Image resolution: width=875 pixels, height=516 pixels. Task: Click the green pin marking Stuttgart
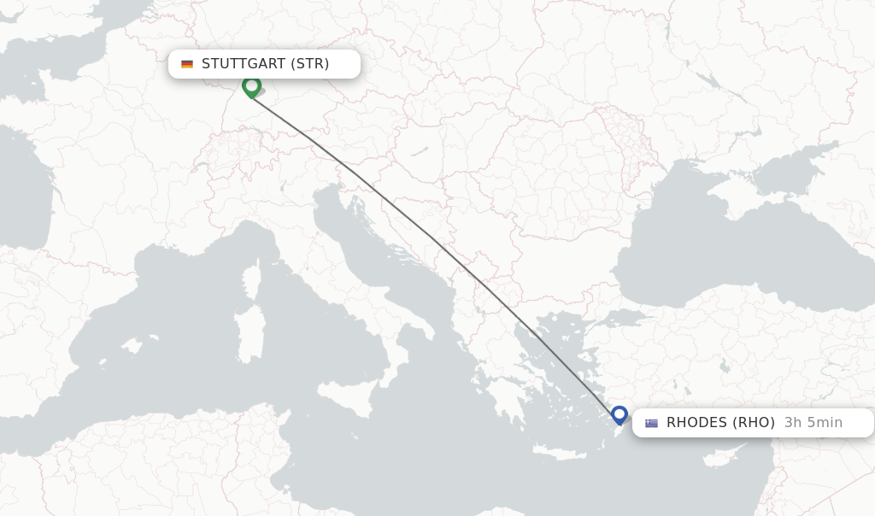(251, 86)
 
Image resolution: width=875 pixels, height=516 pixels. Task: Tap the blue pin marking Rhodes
(620, 415)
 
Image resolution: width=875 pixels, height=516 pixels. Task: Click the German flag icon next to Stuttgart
(187, 64)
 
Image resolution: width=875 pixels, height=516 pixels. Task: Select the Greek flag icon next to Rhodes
(652, 423)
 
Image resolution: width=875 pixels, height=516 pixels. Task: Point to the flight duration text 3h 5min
(813, 422)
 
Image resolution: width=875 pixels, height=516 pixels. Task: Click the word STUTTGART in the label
(244, 64)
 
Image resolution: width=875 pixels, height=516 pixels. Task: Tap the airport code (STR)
(309, 64)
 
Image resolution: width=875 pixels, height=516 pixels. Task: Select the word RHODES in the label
(697, 422)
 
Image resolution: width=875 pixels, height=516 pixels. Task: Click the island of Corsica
(250, 281)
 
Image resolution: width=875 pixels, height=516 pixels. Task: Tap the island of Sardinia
(250, 334)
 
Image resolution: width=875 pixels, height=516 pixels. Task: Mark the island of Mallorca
(131, 346)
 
